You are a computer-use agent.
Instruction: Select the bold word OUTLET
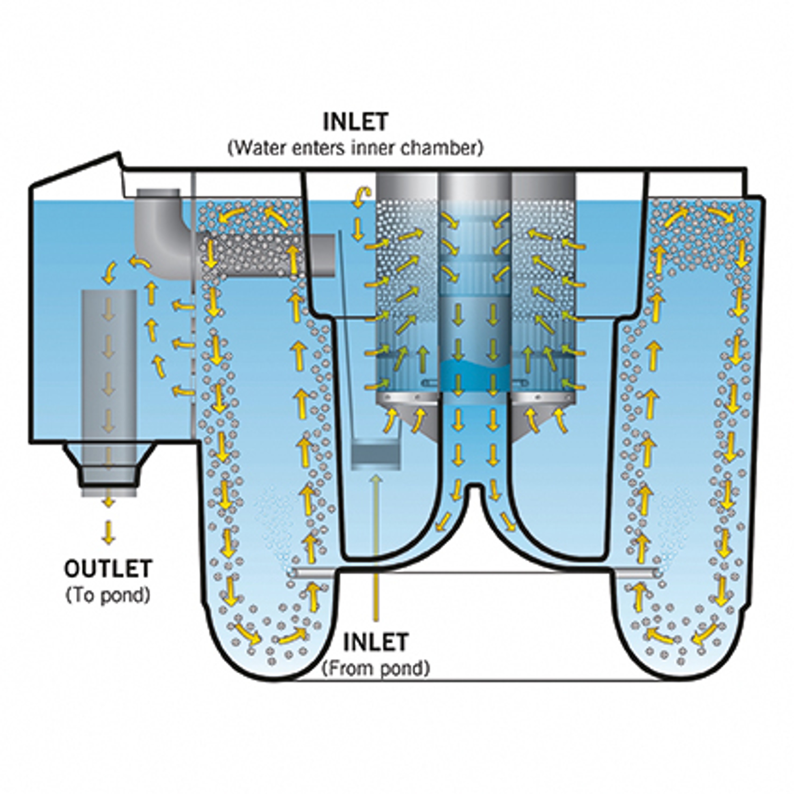pyautogui.click(x=108, y=569)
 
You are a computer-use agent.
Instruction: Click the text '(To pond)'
pyautogui.click(x=108, y=595)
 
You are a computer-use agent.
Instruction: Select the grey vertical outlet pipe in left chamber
pyautogui.click(x=109, y=370)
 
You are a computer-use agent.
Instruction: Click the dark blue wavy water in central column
pyautogui.click(x=474, y=370)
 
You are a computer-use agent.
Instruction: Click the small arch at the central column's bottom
pyautogui.click(x=475, y=493)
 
